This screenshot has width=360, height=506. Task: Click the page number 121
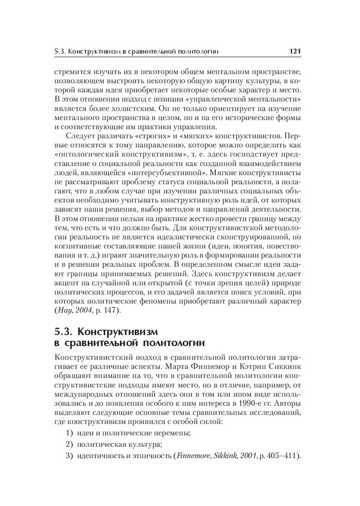pyautogui.click(x=295, y=51)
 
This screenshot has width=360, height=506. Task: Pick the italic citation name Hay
pyautogui.click(x=64, y=311)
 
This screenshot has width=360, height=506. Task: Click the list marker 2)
pyautogui.click(x=69, y=444)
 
